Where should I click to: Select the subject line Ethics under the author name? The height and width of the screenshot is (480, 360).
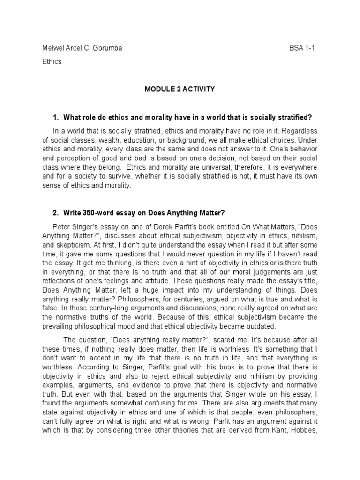pyautogui.click(x=52, y=61)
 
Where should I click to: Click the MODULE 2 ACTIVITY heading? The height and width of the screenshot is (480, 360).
pyautogui.click(x=180, y=89)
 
